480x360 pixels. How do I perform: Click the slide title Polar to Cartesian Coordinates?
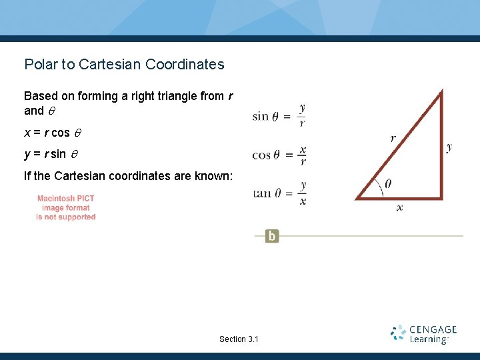click(x=124, y=65)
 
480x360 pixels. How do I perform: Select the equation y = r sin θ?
click(x=51, y=154)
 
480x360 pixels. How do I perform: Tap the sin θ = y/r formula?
click(x=279, y=116)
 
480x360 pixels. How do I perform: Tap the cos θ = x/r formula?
click(x=279, y=155)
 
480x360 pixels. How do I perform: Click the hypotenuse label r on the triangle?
click(x=393, y=139)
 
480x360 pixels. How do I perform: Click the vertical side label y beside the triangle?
click(x=449, y=147)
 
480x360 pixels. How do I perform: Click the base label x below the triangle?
click(x=399, y=208)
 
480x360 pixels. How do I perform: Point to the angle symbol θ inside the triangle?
click(x=388, y=184)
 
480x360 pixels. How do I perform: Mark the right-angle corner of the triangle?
click(x=440, y=197)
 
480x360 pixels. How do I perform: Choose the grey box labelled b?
click(x=272, y=236)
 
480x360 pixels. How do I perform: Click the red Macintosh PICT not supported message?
click(x=66, y=207)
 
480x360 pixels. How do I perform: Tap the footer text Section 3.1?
click(x=239, y=339)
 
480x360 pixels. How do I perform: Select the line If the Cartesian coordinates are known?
click(x=128, y=176)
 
